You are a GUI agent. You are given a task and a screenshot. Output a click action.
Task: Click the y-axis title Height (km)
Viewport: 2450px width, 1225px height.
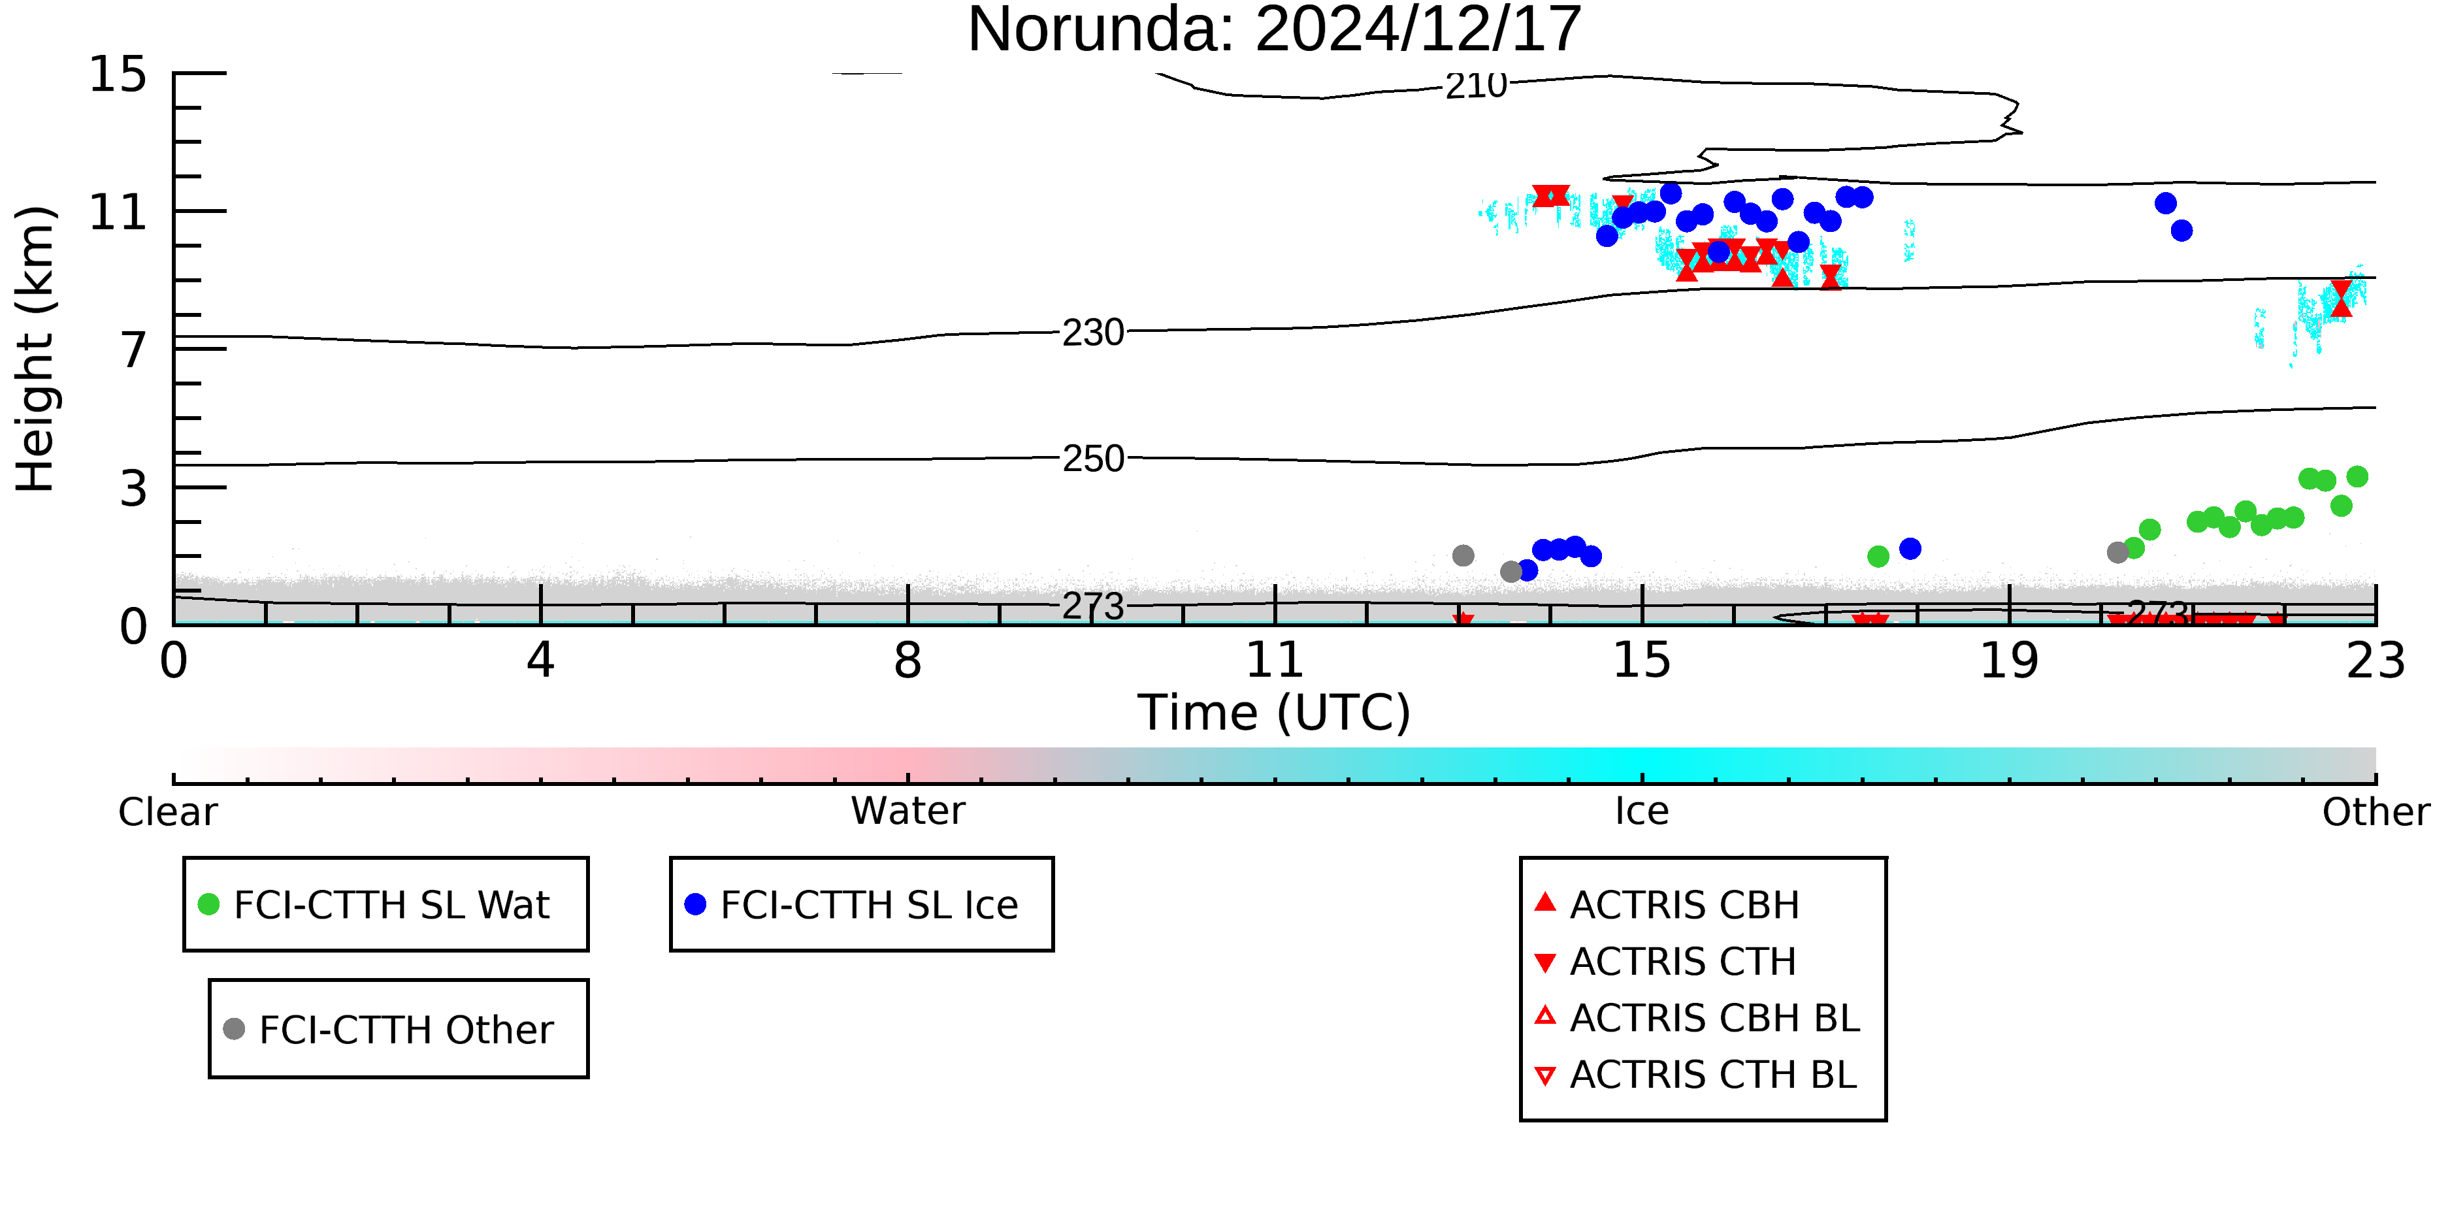coord(36,349)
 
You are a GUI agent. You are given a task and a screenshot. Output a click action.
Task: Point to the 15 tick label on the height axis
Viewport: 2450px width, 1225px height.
coord(118,74)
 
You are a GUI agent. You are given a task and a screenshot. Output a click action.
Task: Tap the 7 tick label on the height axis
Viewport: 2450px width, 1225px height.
coord(134,350)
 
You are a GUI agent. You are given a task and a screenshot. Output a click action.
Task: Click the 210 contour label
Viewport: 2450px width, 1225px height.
coord(1476,86)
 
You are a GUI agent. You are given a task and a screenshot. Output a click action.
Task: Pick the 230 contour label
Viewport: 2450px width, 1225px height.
coord(1093,333)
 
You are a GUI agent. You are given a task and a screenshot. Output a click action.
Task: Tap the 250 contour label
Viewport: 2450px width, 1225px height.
coord(1093,459)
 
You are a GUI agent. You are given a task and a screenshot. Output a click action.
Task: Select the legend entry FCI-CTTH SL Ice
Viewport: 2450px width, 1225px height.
coord(851,904)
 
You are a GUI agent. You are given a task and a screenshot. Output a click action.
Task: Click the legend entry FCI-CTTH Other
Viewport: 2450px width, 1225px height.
coord(388,1029)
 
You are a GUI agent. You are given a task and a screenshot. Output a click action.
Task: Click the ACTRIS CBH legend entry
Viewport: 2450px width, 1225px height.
coord(1667,904)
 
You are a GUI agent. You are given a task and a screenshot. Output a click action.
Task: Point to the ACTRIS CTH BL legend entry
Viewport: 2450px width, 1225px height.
coord(1696,1075)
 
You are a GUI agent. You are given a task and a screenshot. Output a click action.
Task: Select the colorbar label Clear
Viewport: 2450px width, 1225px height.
coord(167,812)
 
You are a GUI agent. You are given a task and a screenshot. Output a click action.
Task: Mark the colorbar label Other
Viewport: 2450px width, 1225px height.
coord(2376,812)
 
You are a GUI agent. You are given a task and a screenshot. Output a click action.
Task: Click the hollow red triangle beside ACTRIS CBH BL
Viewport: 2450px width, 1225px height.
coord(1546,1017)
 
